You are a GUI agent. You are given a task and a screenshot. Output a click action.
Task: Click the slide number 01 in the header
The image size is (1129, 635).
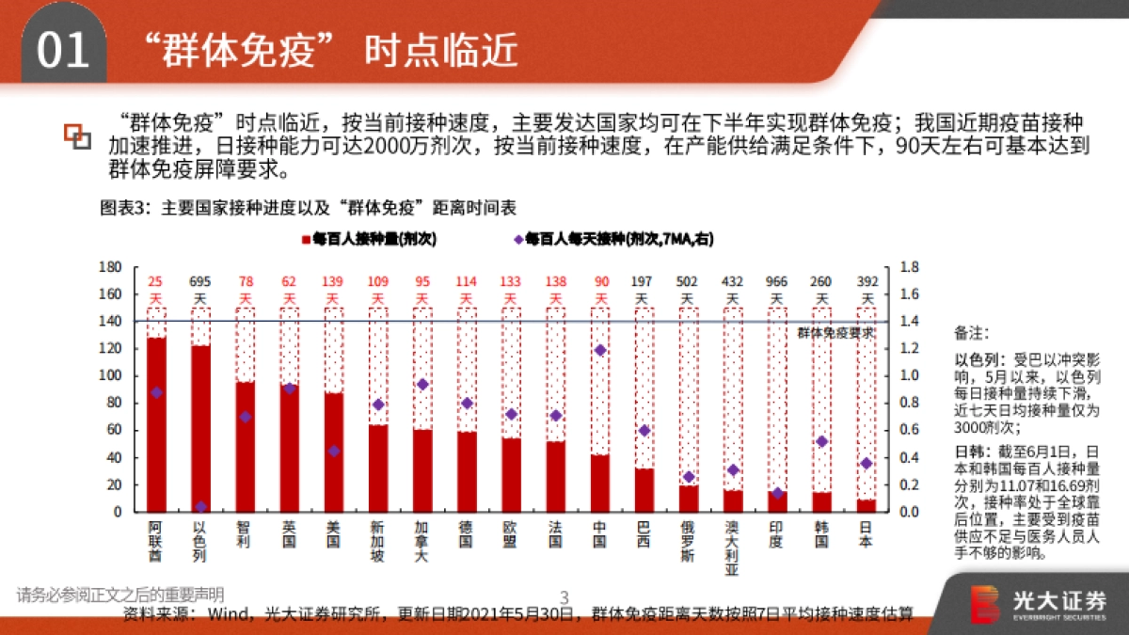pos(62,51)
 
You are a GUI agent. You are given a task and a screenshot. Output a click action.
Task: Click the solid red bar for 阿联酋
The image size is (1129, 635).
pos(156,424)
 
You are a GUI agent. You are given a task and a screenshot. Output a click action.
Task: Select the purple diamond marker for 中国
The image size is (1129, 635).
pos(600,350)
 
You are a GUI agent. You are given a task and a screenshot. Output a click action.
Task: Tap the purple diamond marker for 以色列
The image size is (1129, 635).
pos(200,507)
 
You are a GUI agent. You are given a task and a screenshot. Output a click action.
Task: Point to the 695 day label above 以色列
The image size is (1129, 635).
pos(200,281)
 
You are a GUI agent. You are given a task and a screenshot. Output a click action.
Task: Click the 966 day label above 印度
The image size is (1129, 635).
pos(777,281)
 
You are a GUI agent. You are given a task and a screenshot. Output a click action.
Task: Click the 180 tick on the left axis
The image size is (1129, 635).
pos(111,267)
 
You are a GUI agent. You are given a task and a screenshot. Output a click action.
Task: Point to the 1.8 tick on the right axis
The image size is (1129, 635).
pos(911,267)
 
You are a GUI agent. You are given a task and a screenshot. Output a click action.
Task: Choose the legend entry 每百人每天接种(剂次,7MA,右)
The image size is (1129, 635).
pos(612,240)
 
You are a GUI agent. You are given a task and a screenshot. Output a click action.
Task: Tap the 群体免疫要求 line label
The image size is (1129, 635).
pos(835,332)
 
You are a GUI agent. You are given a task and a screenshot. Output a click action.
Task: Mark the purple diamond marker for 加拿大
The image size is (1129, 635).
pos(422,384)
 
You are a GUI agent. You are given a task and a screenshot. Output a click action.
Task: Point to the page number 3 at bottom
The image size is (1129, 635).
pos(564,596)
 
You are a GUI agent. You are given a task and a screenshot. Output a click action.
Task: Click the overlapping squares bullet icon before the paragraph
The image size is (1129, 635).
pos(77,136)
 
